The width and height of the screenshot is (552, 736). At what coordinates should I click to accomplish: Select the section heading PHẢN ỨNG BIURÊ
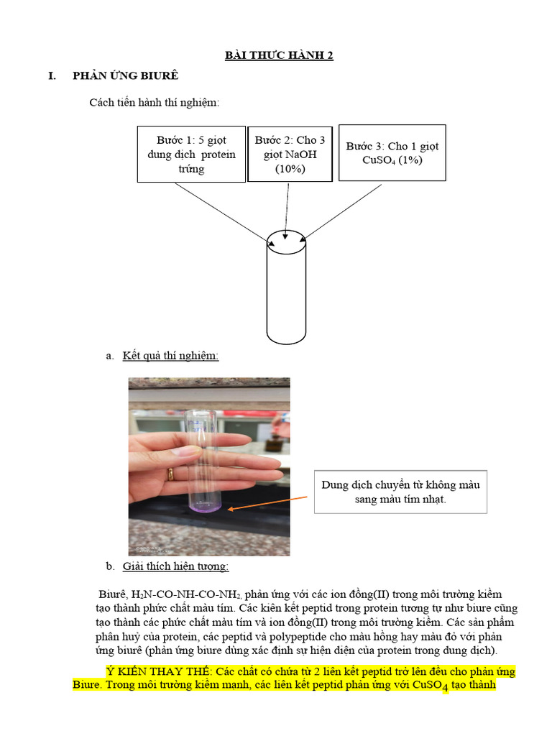pyautogui.click(x=125, y=76)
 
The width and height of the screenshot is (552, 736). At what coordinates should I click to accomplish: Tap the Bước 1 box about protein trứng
pyautogui.click(x=191, y=155)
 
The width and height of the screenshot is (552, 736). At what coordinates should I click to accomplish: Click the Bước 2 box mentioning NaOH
pyautogui.click(x=290, y=155)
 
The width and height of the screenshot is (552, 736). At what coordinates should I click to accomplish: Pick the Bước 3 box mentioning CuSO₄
pyautogui.click(x=392, y=153)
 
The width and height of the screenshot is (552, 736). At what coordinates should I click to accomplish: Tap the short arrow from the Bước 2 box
pyautogui.click(x=288, y=208)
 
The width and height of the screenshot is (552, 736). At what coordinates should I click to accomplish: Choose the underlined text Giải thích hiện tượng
pyautogui.click(x=175, y=566)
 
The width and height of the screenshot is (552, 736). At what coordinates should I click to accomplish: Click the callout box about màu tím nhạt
pyautogui.click(x=400, y=492)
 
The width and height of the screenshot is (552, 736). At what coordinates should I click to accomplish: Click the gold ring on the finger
pyautogui.click(x=170, y=473)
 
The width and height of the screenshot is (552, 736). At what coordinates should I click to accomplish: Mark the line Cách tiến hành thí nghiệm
pyautogui.click(x=154, y=103)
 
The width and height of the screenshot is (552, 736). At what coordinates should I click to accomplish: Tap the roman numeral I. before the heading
pyautogui.click(x=52, y=76)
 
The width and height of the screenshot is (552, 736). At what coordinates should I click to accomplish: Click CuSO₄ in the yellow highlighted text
pyautogui.click(x=430, y=686)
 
